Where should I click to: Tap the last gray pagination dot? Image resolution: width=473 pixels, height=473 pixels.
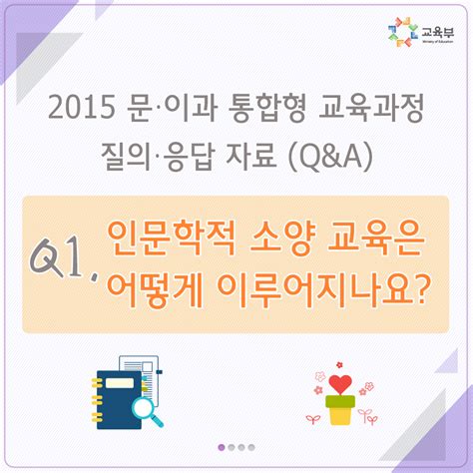coord(253,447)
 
